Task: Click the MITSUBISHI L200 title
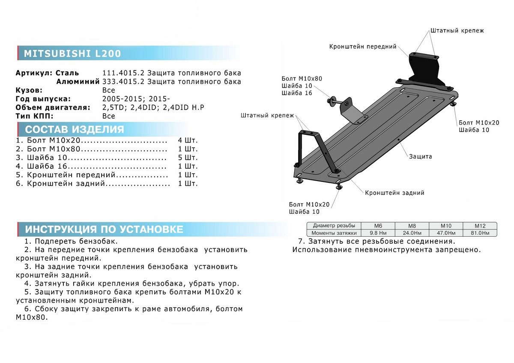tap(72, 54)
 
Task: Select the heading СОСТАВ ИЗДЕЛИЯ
tap(75, 130)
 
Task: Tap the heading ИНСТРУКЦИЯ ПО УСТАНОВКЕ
tap(104, 229)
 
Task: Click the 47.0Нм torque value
tap(445, 233)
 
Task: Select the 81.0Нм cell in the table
tap(479, 233)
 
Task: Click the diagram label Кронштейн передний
tap(363, 46)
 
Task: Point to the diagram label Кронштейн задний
tap(394, 193)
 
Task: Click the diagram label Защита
tap(420, 156)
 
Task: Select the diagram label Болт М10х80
tap(302, 78)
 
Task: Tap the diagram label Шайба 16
tap(296, 93)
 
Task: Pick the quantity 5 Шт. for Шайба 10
tap(188, 158)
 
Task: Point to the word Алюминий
tap(78, 81)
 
